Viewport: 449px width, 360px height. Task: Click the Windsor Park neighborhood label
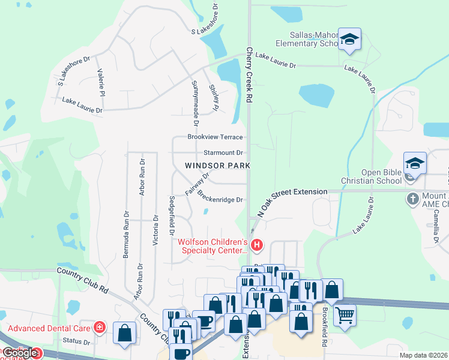217,165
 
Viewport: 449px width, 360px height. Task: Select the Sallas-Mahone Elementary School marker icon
349,39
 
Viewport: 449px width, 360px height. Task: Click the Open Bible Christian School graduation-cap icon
415,163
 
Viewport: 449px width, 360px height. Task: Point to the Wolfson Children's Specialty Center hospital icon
257,245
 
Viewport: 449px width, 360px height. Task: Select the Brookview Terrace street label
215,137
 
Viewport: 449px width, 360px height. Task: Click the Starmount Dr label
223,153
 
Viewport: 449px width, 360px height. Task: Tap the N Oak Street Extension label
292,200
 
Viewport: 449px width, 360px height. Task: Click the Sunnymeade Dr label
194,98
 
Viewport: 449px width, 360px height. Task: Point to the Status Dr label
76,342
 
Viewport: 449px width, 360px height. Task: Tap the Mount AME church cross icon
414,199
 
